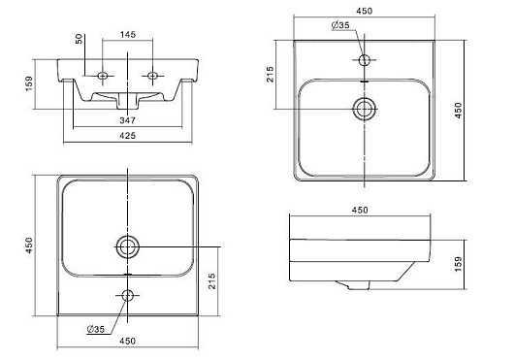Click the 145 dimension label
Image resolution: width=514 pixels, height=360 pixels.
pyautogui.click(x=128, y=34)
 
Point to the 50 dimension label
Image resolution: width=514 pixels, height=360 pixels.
pyautogui.click(x=79, y=39)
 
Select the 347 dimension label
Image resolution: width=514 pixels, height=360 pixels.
pyautogui.click(x=127, y=120)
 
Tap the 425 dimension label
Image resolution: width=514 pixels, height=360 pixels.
pyautogui.click(x=127, y=136)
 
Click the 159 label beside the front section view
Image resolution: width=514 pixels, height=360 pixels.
pyautogui.click(x=29, y=83)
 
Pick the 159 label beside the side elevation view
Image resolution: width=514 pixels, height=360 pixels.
pyautogui.click(x=459, y=264)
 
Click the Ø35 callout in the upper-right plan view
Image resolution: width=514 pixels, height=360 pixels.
pyautogui.click(x=340, y=25)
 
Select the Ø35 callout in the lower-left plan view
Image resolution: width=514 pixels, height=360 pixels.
pyautogui.click(x=96, y=329)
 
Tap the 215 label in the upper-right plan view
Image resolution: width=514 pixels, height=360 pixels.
pyautogui.click(x=270, y=74)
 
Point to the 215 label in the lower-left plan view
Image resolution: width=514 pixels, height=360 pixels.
pyautogui.click(x=212, y=281)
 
